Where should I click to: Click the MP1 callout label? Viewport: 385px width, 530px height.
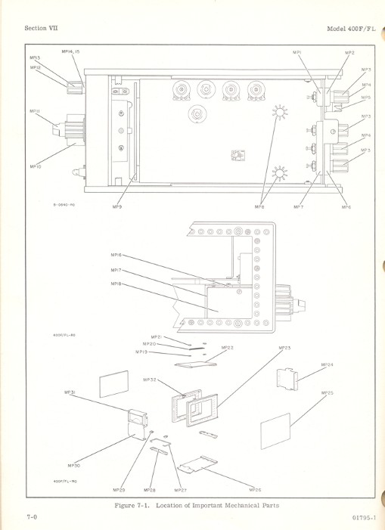click(x=297, y=52)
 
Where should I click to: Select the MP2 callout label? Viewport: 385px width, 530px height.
click(x=349, y=53)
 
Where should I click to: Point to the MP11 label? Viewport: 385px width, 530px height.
click(x=34, y=111)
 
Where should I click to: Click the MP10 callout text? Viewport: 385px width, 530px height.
click(x=35, y=166)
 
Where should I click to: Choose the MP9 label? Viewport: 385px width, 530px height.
click(x=117, y=206)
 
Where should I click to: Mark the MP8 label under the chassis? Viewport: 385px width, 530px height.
click(x=259, y=206)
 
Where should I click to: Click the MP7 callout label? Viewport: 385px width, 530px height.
click(x=300, y=206)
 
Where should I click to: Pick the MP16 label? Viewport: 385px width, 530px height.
click(x=116, y=256)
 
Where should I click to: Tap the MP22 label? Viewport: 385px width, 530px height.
click(x=227, y=348)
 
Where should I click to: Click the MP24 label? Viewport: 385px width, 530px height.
click(x=327, y=364)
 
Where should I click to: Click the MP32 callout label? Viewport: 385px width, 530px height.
click(x=150, y=379)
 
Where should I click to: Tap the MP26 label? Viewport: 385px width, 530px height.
click(x=255, y=490)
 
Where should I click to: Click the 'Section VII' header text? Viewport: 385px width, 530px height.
click(x=42, y=28)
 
